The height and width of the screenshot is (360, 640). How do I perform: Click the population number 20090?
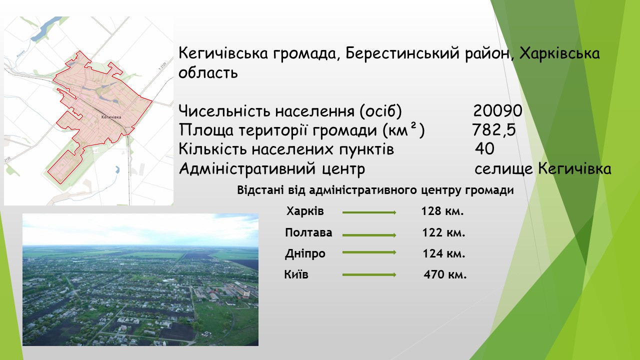click(x=497, y=110)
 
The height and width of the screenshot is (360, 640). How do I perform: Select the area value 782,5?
click(x=493, y=129)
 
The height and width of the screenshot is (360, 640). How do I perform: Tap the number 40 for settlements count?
click(x=484, y=149)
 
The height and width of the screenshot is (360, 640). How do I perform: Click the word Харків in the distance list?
click(x=305, y=211)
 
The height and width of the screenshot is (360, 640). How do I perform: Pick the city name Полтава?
click(x=308, y=232)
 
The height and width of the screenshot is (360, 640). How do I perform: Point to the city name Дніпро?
click(x=305, y=253)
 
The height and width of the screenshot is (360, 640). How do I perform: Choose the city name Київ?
click(x=296, y=274)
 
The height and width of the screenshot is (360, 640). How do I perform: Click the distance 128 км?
click(x=442, y=211)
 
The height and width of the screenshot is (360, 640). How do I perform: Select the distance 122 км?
click(x=443, y=232)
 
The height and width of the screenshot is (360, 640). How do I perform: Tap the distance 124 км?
click(x=444, y=253)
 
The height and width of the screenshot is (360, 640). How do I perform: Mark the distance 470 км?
click(x=445, y=274)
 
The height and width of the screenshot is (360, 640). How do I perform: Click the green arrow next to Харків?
click(x=369, y=212)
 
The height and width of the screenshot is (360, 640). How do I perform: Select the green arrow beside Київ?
click(x=369, y=275)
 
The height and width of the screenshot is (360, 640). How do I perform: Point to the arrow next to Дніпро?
click(x=369, y=252)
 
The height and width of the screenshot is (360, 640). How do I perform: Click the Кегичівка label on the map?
click(x=111, y=117)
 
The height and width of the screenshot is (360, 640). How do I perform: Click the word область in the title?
click(x=208, y=72)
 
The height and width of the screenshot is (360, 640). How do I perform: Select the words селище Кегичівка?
click(x=543, y=169)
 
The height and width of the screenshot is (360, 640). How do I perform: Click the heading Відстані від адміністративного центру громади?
click(x=375, y=190)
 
